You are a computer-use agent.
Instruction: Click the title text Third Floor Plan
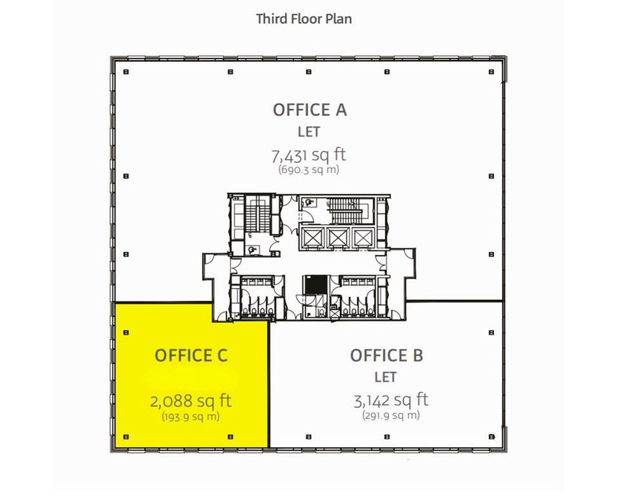pyautogui.click(x=304, y=18)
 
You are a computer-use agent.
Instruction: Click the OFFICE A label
pyautogui.click(x=310, y=110)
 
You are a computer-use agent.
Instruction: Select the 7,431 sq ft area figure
pyautogui.click(x=310, y=155)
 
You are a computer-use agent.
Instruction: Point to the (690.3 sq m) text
pyautogui.click(x=309, y=170)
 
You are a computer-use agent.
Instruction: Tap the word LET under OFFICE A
pyautogui.click(x=309, y=132)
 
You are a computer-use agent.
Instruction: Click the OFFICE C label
pyautogui.click(x=191, y=355)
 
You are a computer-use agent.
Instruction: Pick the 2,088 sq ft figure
pyautogui.click(x=191, y=401)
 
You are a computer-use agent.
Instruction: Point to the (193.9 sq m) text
pyautogui.click(x=191, y=416)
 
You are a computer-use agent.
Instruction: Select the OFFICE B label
pyautogui.click(x=386, y=355)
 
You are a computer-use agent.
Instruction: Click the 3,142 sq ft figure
pyautogui.click(x=391, y=400)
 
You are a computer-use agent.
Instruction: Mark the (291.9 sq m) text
pyautogui.click(x=391, y=416)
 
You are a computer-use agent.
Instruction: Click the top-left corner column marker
pyautogui.click(x=126, y=72)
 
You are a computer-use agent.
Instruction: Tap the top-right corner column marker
pyautogui.click(x=492, y=72)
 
